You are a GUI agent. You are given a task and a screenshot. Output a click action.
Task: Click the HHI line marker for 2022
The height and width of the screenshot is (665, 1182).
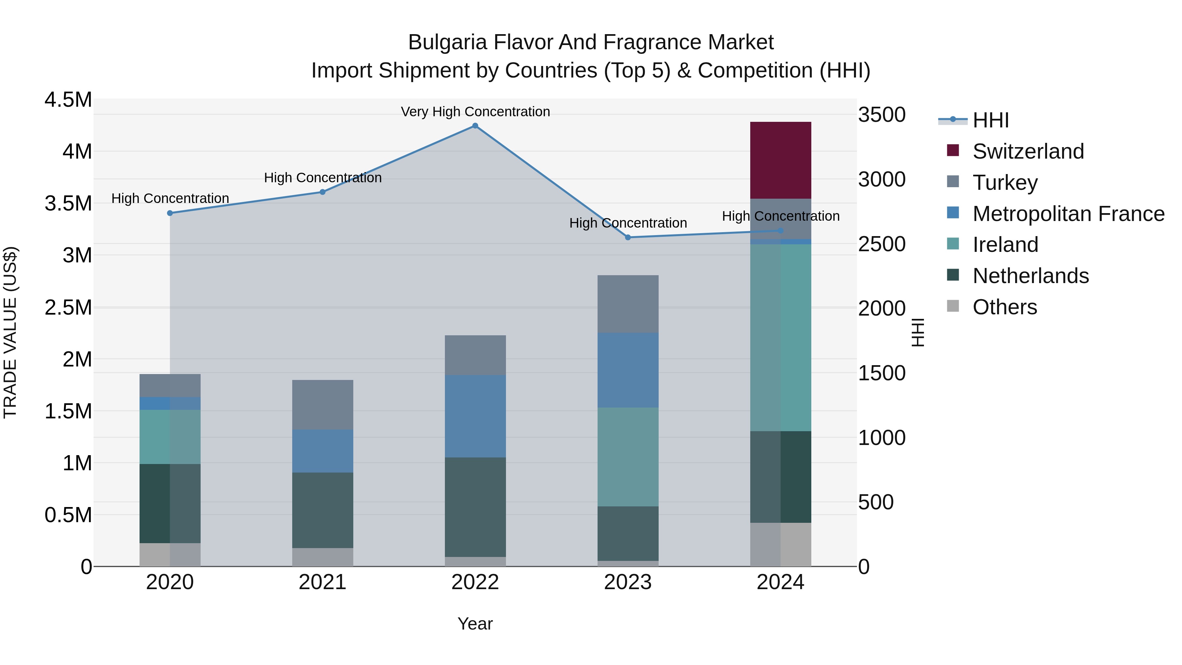point(475,126)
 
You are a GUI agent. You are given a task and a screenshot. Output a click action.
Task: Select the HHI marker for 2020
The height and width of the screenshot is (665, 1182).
point(170,213)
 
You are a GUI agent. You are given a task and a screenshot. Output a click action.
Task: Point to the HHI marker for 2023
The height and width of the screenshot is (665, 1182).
point(628,237)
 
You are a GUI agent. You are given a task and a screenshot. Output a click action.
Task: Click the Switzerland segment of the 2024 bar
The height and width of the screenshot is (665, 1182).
point(780,160)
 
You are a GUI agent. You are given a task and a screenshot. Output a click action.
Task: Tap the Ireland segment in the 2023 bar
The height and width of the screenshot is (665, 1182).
point(628,457)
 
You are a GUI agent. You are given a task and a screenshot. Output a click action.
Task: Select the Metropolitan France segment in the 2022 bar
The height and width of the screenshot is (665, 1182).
point(475,416)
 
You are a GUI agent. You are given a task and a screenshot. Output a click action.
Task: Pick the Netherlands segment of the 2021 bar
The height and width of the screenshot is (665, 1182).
point(322,510)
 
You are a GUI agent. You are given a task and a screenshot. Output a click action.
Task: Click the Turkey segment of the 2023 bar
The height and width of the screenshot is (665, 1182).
point(628,304)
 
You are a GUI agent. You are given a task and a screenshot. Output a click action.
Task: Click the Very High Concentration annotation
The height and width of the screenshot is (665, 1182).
point(475,112)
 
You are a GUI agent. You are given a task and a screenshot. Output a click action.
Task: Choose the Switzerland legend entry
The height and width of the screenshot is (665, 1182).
point(1028,151)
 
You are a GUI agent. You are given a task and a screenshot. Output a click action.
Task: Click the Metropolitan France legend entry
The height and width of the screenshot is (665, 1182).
point(1068,214)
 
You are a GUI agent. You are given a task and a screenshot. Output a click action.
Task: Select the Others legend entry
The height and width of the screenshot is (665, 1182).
point(1004,307)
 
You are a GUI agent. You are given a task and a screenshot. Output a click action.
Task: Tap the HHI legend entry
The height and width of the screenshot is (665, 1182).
point(990,120)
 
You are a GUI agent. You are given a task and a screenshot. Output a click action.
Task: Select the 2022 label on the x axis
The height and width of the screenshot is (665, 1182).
point(475,582)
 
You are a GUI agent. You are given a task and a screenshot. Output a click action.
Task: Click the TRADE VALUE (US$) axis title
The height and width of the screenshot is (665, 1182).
point(11,332)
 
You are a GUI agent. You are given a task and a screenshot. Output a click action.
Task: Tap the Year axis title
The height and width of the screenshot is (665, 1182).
point(475,624)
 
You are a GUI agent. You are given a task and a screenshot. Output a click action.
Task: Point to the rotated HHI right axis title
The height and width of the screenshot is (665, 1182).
point(917,332)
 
